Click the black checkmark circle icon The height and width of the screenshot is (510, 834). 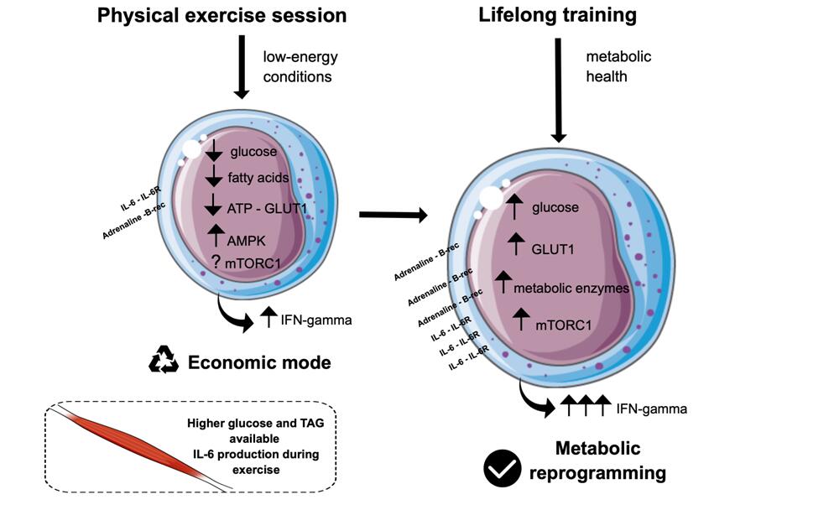(503, 468)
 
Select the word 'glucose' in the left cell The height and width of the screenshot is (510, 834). (253, 152)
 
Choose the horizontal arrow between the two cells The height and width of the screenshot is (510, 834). (392, 216)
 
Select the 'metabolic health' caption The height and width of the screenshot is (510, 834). (618, 67)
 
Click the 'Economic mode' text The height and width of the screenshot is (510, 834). (259, 362)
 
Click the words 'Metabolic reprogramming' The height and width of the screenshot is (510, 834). (597, 460)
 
